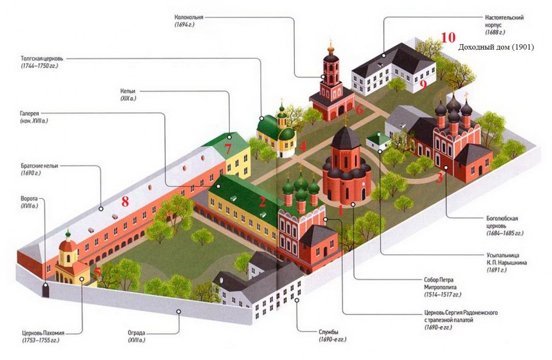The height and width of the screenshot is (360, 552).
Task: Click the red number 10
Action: [448, 37]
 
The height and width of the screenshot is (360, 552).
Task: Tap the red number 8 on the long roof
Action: [125, 202]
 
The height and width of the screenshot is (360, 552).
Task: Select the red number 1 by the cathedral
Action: [340, 210]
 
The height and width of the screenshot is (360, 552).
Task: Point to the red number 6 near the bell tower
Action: [359, 109]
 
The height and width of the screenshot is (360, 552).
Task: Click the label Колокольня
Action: [189, 17]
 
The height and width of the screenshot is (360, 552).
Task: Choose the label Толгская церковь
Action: [42, 58]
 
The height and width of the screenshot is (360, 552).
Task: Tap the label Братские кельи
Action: [39, 165]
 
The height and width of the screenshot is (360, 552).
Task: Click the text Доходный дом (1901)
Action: [496, 47]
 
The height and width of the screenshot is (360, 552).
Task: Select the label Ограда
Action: [136, 333]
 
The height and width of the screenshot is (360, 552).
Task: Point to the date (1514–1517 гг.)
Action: [443, 295]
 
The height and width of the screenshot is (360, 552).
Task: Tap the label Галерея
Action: [30, 113]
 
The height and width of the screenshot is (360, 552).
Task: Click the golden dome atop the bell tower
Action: [330, 49]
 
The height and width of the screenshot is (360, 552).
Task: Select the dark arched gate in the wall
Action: [45, 291]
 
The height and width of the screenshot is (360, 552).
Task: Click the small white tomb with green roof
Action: [378, 142]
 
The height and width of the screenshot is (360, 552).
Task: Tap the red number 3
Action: [439, 178]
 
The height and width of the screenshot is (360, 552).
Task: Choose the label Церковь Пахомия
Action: [43, 333]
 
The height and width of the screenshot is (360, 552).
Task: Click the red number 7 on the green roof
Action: [227, 150]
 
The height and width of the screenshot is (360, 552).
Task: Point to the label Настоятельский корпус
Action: [504, 21]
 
